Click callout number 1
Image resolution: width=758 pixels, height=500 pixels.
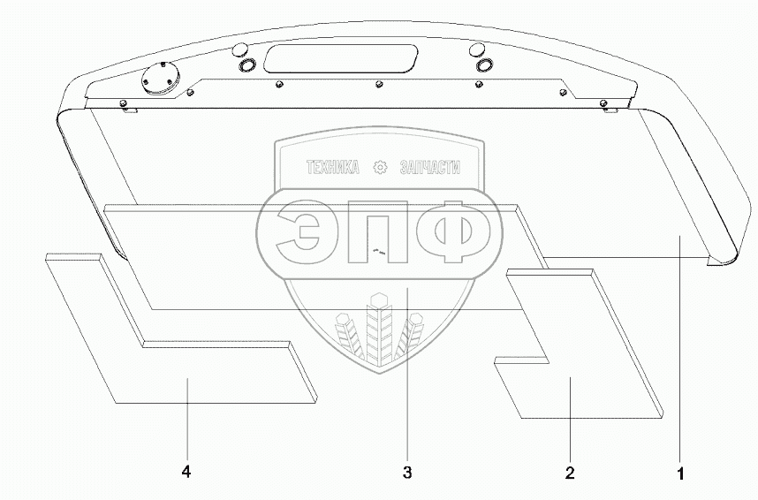coord(680,473)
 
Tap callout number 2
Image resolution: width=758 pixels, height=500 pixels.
coord(570,473)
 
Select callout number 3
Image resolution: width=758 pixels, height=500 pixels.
coord(406,473)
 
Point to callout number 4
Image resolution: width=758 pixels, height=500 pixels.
coord(186,473)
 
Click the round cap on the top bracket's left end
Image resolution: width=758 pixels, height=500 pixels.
coord(159,79)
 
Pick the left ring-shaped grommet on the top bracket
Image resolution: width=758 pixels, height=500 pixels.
coord(245,64)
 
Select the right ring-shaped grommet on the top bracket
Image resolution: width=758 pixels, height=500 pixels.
coord(484,64)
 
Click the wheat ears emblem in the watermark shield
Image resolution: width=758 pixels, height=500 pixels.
coord(380,331)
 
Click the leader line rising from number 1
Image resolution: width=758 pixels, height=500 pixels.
coord(679,353)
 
